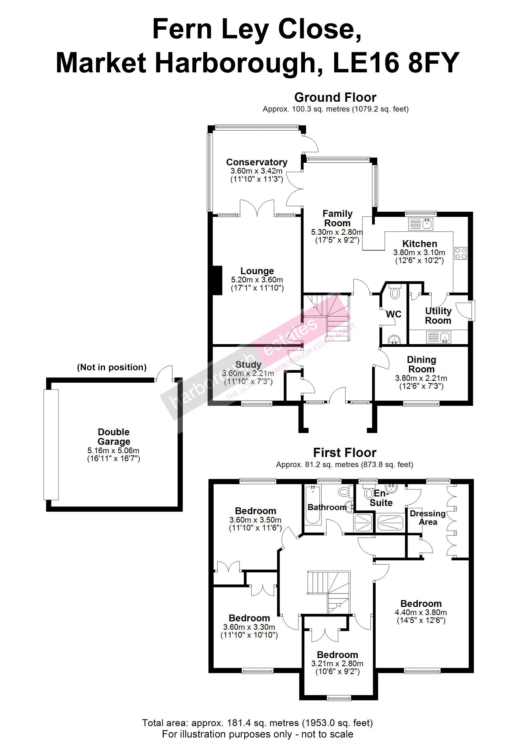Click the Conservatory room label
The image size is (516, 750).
tap(257, 162)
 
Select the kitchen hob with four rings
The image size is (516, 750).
tap(461, 253)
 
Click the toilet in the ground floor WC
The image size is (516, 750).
tap(395, 292)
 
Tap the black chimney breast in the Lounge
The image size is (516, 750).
tap(217, 280)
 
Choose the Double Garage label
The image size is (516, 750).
tap(113, 437)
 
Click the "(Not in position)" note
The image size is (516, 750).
tap(112, 368)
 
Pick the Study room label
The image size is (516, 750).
tap(248, 365)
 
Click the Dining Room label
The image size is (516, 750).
tap(421, 364)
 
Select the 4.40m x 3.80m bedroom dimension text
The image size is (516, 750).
tap(421, 612)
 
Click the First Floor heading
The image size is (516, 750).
tap(345, 453)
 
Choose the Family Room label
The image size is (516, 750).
tap(337, 218)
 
